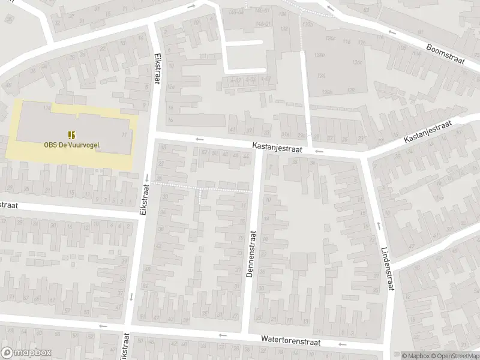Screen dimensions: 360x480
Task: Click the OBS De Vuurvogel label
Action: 71,144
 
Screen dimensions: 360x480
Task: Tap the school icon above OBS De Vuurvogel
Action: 71,134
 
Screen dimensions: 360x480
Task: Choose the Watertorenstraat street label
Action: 290,340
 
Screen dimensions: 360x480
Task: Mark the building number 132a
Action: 308,25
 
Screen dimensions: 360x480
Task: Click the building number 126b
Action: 320,55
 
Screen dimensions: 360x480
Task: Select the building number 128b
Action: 327,92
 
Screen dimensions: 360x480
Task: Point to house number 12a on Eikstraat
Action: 171,86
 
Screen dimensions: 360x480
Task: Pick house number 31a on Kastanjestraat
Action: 286,134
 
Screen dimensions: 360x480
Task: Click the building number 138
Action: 283,28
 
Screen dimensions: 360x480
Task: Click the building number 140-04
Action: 236,12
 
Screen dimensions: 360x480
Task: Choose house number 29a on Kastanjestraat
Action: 301,136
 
